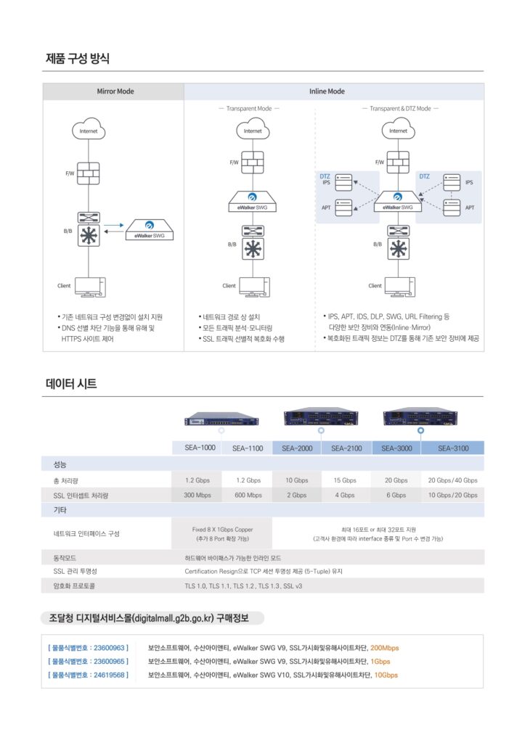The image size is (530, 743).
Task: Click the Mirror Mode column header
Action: (115, 91)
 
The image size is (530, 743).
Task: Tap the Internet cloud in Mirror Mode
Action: (89, 131)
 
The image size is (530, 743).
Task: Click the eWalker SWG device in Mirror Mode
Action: (150, 229)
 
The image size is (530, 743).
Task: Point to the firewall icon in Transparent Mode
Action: (253, 161)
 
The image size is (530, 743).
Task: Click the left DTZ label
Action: (325, 176)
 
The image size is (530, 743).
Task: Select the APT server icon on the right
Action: (452, 207)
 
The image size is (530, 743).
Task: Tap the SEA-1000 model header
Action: (197, 448)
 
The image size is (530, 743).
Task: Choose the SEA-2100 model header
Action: (346, 448)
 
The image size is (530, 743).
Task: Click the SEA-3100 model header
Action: (453, 448)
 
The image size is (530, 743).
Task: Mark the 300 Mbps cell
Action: (197, 495)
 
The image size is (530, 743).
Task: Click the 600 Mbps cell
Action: (248, 495)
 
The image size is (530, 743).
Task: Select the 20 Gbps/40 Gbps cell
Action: (453, 480)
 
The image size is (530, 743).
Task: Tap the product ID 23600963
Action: (88, 647)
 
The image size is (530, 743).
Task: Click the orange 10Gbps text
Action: (386, 675)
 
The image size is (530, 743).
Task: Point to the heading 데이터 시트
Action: (71, 384)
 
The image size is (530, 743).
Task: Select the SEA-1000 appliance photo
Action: (221, 419)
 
